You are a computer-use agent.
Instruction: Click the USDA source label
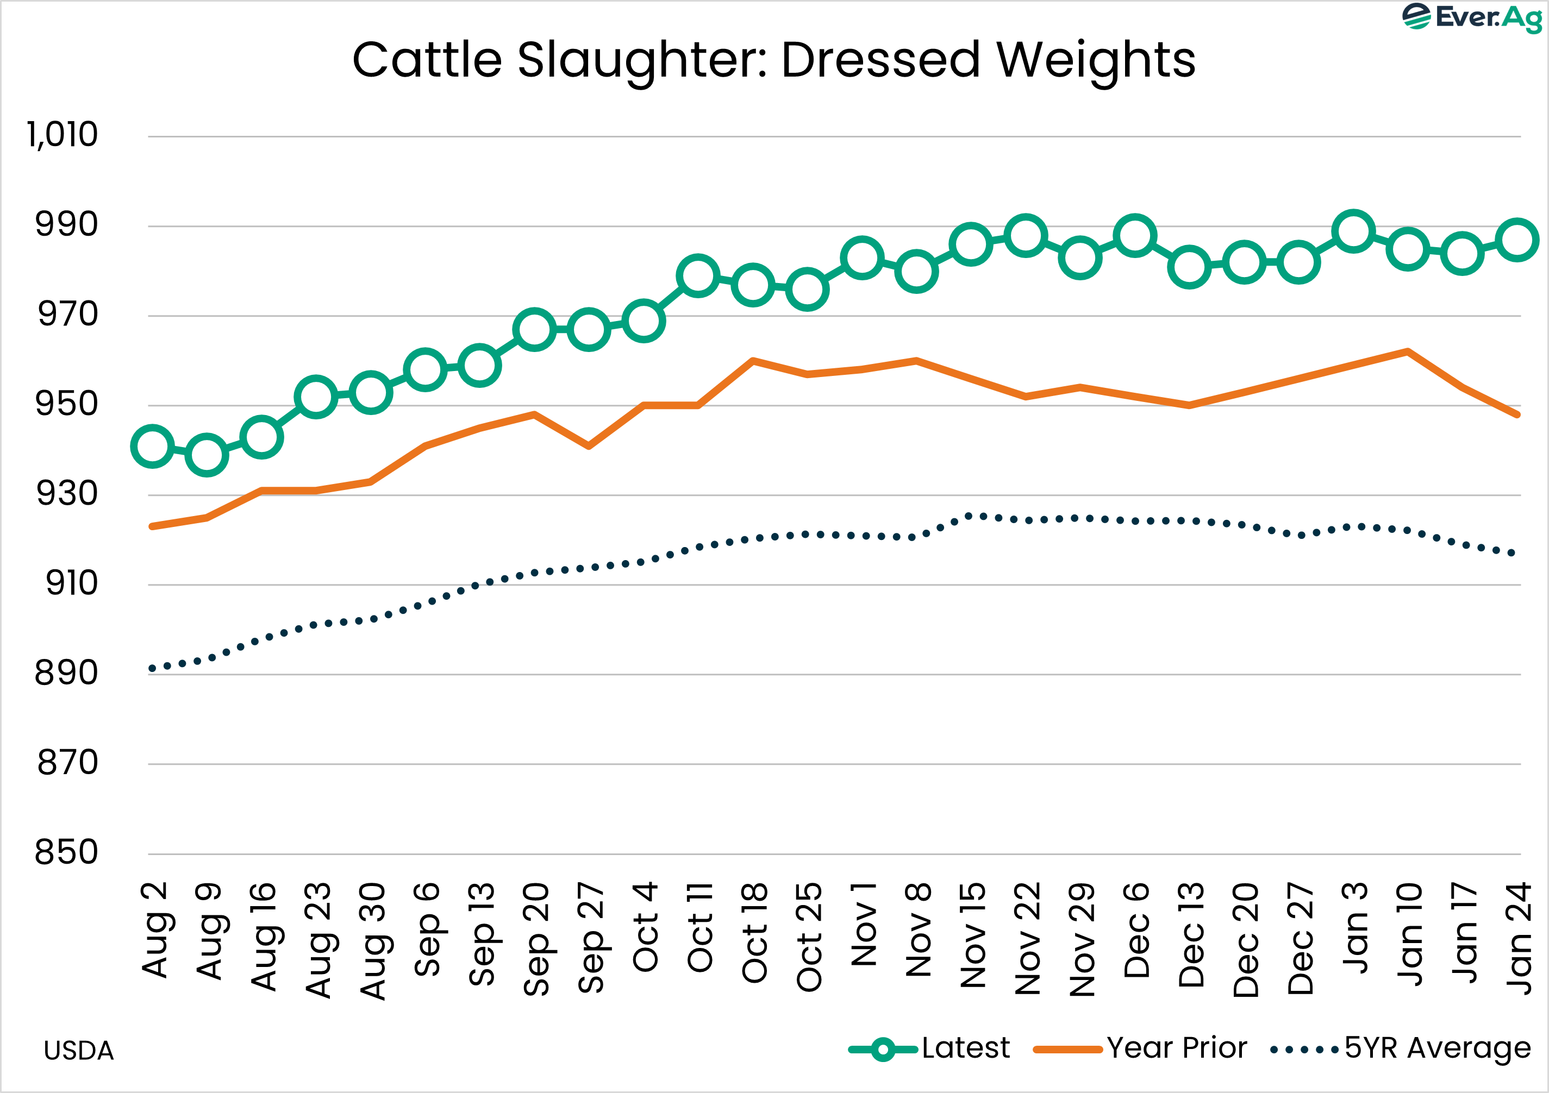pyautogui.click(x=78, y=1051)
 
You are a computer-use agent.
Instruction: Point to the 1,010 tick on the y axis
pyautogui.click(x=63, y=135)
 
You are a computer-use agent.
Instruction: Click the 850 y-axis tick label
pyautogui.click(x=66, y=852)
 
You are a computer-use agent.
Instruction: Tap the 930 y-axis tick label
pyautogui.click(x=66, y=494)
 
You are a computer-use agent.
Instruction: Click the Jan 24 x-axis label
pyautogui.click(x=1519, y=938)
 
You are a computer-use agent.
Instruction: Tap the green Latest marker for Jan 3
pyautogui.click(x=1353, y=231)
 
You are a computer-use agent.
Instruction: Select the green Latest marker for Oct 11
pyautogui.click(x=697, y=276)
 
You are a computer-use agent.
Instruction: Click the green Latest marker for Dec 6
pyautogui.click(x=1135, y=235)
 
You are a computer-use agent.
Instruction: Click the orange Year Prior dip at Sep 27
pyautogui.click(x=589, y=445)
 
